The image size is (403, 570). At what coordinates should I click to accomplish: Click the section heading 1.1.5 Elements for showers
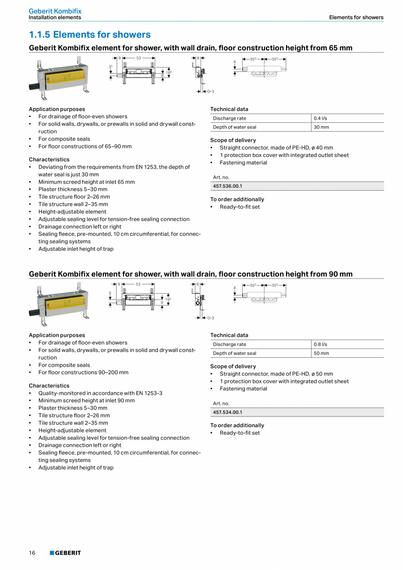pyautogui.click(x=89, y=35)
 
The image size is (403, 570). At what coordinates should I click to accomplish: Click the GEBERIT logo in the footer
pyautogui.click(x=65, y=553)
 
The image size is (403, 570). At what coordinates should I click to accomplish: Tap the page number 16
pyautogui.click(x=32, y=553)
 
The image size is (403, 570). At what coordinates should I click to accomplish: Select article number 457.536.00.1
pyautogui.click(x=227, y=186)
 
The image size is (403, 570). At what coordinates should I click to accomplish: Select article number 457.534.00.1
pyautogui.click(x=227, y=413)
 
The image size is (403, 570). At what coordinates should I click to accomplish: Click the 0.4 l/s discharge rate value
pyautogui.click(x=320, y=118)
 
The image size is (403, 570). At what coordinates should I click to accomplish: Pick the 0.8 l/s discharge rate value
pyautogui.click(x=320, y=345)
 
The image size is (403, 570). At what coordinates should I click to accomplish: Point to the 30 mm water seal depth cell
pyautogui.click(x=321, y=127)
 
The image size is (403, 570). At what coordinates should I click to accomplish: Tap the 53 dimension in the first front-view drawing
pyautogui.click(x=138, y=58)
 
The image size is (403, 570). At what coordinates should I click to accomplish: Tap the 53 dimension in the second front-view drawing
pyautogui.click(x=138, y=284)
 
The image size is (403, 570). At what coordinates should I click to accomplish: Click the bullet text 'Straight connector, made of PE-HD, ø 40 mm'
pyautogui.click(x=276, y=148)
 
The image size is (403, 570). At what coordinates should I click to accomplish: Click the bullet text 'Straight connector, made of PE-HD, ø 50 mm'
pyautogui.click(x=276, y=374)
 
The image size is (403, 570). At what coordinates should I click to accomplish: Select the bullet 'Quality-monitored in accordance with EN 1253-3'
pyautogui.click(x=100, y=393)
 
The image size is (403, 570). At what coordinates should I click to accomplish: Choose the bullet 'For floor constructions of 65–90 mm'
pyautogui.click(x=85, y=146)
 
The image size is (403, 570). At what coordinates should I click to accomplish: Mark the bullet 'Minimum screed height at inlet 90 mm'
pyautogui.click(x=86, y=400)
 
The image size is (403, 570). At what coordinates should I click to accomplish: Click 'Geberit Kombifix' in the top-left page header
pyautogui.click(x=55, y=11)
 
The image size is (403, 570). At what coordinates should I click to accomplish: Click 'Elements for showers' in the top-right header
pyautogui.click(x=356, y=18)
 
